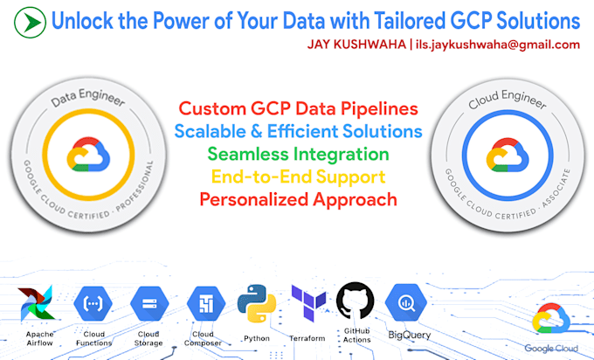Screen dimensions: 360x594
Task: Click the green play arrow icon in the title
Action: click(x=31, y=19)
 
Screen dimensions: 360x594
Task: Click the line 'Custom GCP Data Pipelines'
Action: click(x=299, y=109)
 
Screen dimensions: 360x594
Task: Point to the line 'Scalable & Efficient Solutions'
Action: click(x=299, y=132)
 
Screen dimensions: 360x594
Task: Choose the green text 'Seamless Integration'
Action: click(x=299, y=155)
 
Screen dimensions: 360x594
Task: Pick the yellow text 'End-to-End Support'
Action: click(x=299, y=177)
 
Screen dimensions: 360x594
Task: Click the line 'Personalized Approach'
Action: click(x=299, y=199)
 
